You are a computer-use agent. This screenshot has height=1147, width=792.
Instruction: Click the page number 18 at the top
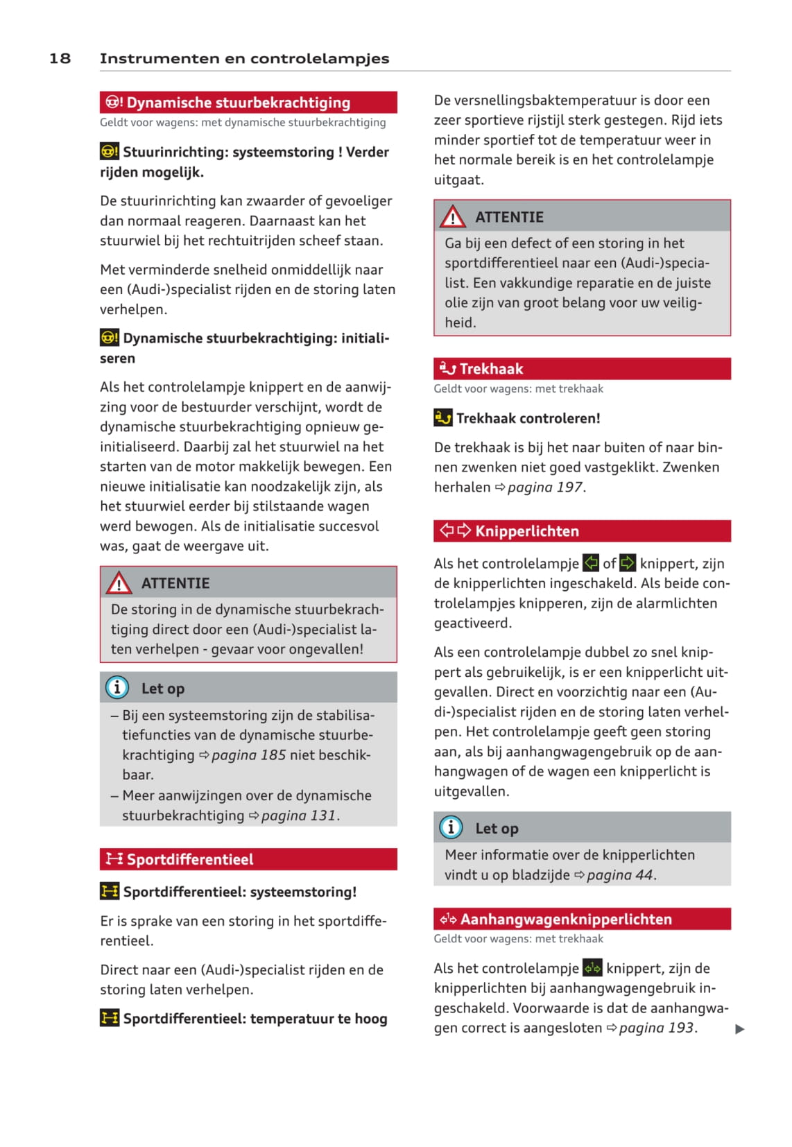pos(60,58)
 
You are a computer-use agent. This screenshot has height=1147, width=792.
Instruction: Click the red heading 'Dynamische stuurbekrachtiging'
pos(238,103)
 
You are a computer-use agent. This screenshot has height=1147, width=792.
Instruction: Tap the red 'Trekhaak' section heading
pos(491,369)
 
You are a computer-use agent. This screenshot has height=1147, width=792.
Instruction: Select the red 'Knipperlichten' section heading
pos(526,531)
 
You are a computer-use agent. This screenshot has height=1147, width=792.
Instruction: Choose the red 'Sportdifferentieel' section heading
pos(189,859)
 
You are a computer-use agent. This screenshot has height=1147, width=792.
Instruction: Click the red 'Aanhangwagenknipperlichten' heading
pos(566,919)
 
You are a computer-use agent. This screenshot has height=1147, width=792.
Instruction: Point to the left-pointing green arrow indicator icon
pos(591,562)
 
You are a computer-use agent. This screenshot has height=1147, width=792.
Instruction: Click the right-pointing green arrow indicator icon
pos(628,562)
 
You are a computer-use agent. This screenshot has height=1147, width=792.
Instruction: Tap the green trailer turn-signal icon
pos(592,967)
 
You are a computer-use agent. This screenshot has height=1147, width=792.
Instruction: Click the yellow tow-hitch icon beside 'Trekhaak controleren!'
pos(443,417)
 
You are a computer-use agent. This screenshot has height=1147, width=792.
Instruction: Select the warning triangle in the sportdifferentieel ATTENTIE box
pos(453,217)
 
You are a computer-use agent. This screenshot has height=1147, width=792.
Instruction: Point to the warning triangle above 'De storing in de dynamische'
pos(119,583)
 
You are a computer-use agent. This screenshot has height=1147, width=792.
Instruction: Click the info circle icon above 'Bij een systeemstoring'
pos(117,687)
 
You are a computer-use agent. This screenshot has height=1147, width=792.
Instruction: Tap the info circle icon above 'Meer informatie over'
pos(451,827)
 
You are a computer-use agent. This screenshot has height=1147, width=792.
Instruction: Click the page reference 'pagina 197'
pos(545,487)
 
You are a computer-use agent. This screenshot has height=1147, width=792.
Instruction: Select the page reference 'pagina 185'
pos(248,754)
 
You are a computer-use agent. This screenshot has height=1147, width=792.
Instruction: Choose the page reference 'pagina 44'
pos(620,874)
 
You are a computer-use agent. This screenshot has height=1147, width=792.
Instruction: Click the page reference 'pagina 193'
pos(657,1028)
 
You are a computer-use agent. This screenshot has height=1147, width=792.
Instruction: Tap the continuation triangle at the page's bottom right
pos(739,1029)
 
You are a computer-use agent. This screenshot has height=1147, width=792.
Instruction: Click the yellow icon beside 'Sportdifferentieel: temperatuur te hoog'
pos(110,1018)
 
